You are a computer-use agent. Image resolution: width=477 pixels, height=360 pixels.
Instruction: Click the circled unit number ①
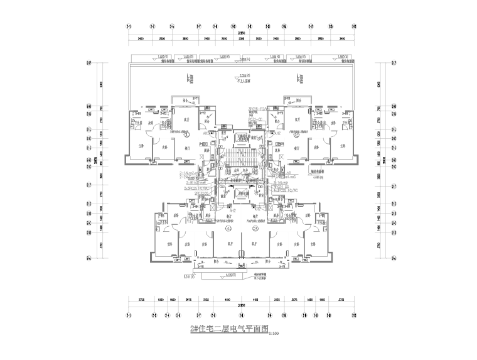click(x=187, y=134)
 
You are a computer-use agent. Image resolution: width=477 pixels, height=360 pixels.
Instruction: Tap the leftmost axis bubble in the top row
click(x=129, y=27)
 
